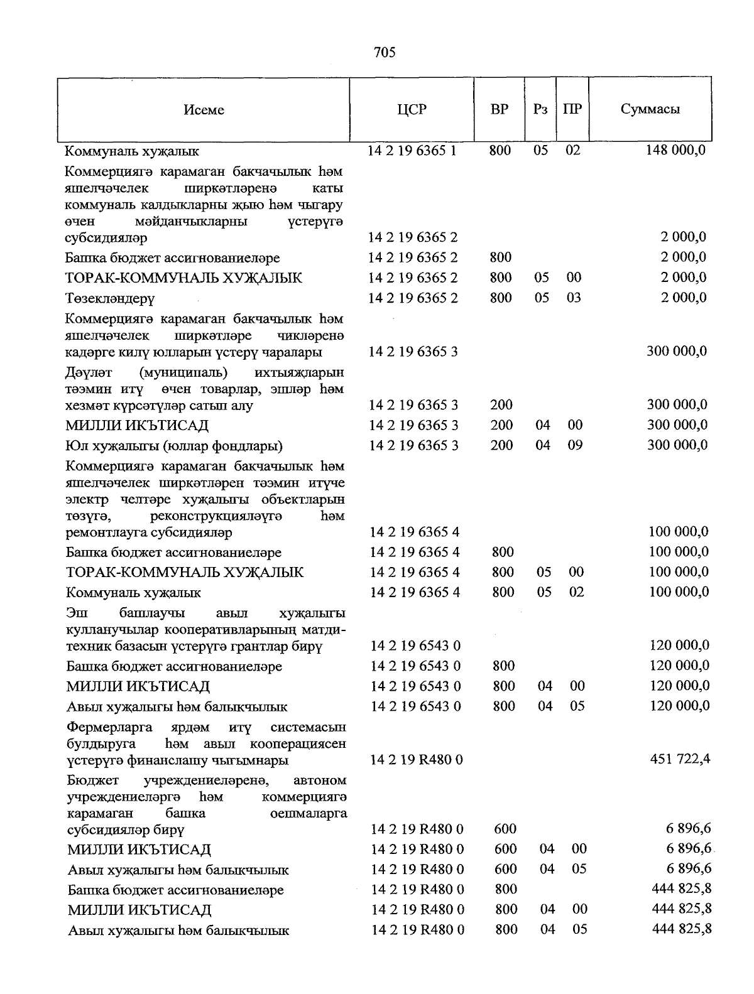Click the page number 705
[384, 53]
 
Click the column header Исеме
[204, 110]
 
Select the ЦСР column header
[412, 109]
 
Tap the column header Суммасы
[650, 109]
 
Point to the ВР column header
[500, 109]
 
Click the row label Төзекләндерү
[110, 298]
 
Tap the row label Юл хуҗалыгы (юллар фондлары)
[175, 446]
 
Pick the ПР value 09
[575, 445]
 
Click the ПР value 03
[574, 298]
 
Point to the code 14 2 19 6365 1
[412, 151]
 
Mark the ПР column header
[572, 109]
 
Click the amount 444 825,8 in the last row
[681, 929]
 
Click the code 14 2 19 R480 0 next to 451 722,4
[417, 760]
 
